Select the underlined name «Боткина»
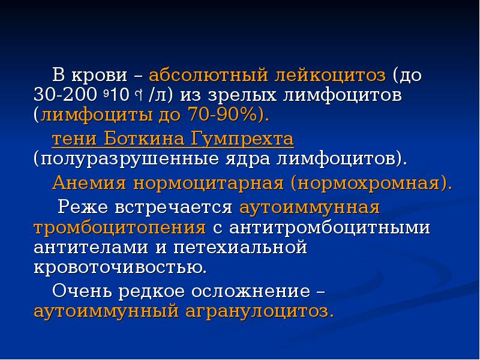coord(145,140)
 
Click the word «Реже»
coord(80,207)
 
